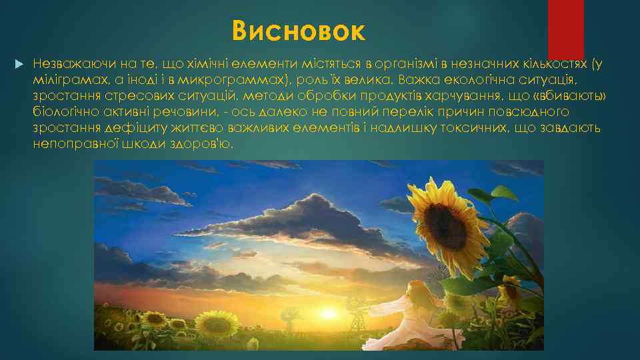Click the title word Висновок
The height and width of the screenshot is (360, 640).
tap(299, 30)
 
